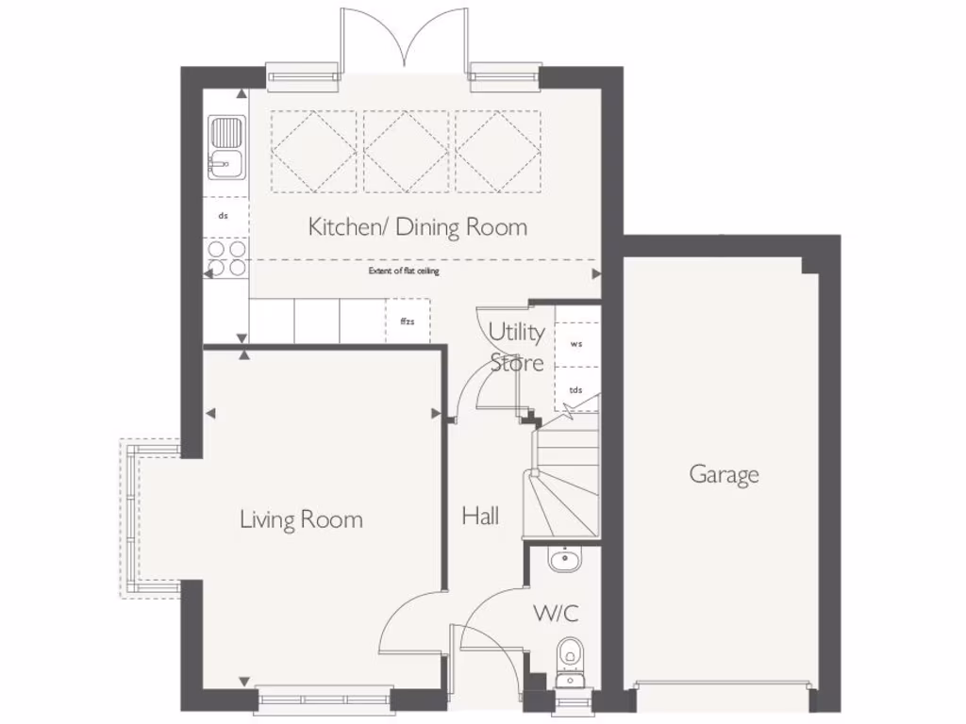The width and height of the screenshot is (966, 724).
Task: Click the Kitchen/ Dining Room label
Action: click(418, 227)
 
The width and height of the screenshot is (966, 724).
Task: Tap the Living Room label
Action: click(301, 519)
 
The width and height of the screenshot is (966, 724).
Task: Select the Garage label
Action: click(724, 474)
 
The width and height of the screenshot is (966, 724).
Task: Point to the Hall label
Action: click(480, 516)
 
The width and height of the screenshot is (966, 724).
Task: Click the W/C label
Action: click(556, 613)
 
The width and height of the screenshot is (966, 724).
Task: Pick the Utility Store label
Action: click(516, 347)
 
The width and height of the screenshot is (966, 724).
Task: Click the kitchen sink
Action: click(226, 148)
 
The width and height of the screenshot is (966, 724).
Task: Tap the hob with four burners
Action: click(226, 258)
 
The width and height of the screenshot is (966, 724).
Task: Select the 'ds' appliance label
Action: click(224, 216)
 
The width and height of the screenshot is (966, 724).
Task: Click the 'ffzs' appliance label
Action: click(408, 322)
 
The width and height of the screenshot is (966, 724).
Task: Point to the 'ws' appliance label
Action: click(576, 344)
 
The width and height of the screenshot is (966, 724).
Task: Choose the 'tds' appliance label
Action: click(576, 389)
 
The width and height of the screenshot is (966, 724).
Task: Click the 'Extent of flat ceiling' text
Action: click(404, 271)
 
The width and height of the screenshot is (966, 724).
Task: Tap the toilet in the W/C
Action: click(569, 651)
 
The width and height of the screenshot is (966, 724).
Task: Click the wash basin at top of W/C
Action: click(566, 560)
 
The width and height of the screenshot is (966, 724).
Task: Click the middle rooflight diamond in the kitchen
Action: click(406, 150)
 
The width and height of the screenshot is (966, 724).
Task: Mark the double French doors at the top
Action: click(405, 42)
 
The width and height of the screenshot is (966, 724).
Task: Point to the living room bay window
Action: click(132, 518)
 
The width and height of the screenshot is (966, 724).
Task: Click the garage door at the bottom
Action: click(724, 684)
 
